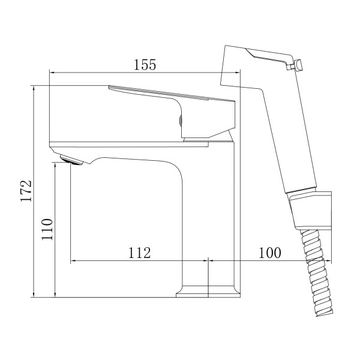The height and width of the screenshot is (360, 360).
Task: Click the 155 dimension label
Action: [145, 65]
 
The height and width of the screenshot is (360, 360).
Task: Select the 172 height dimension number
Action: [26, 191]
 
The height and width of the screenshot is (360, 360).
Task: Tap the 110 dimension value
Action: [47, 229]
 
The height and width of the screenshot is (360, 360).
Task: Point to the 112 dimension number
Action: [139, 253]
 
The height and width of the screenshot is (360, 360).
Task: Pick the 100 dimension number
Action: [270, 253]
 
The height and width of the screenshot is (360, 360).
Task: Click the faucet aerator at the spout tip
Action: [71, 160]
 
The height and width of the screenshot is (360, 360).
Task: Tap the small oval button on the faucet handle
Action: [181, 121]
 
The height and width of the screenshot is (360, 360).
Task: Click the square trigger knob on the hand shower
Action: [299, 65]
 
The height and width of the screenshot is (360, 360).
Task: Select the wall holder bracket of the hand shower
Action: [311, 211]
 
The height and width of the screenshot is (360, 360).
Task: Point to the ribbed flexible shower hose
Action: [317, 273]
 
